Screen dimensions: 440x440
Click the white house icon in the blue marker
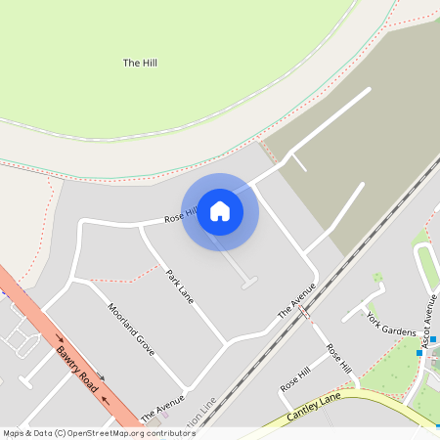click(x=220, y=211)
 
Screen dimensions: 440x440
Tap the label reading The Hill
click(x=140, y=64)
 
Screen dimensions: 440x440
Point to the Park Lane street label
click(x=181, y=286)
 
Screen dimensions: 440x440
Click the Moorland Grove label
click(x=131, y=329)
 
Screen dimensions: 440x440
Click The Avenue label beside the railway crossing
click(x=297, y=300)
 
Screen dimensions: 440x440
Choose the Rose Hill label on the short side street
click(x=295, y=379)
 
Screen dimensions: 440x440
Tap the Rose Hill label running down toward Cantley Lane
click(x=339, y=358)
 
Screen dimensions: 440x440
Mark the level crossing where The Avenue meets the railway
click(x=305, y=313)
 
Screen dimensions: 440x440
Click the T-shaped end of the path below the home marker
click(x=249, y=284)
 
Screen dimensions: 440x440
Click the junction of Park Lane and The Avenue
click(x=226, y=342)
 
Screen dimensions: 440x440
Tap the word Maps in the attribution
click(x=13, y=432)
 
